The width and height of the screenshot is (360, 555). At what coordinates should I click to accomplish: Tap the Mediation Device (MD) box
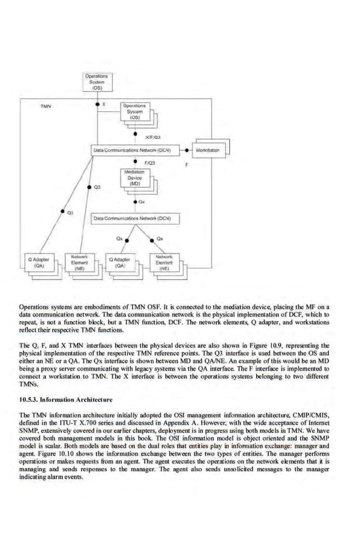tap(135, 177)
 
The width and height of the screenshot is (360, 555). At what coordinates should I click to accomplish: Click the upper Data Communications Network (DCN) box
tap(135, 150)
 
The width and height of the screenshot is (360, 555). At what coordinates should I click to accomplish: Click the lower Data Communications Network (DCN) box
tap(135, 217)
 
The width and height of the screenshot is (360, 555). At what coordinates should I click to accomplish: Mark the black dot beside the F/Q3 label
tap(135, 163)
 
